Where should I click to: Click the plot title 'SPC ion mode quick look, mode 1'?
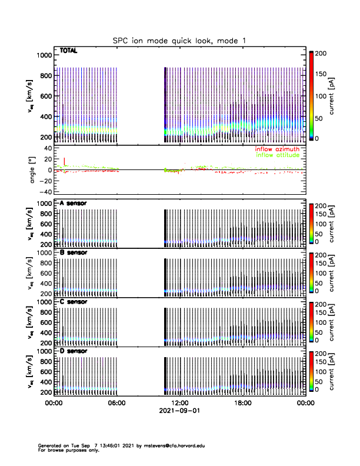tap(179, 40)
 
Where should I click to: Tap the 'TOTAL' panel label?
tap(69, 51)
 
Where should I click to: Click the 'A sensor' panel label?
tap(73, 204)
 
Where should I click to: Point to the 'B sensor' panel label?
tap(73, 253)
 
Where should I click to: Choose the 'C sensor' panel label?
tap(73, 302)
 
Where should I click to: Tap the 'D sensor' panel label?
tap(73, 351)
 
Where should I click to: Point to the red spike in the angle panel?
tap(64, 161)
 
